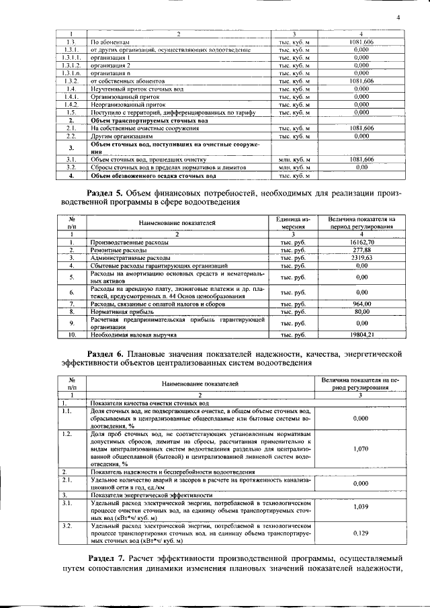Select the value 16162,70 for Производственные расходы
pyautogui.click(x=361, y=241)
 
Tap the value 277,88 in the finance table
pyautogui.click(x=361, y=249)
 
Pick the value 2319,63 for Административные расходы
pyautogui.click(x=361, y=257)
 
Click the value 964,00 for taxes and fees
pyautogui.click(x=361, y=304)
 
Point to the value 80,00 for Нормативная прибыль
pyautogui.click(x=361, y=312)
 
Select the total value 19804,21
pyautogui.click(x=361, y=334)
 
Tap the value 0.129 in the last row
pyautogui.click(x=361, y=532)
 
